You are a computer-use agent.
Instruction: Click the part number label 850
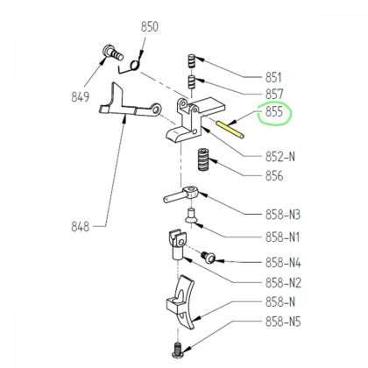(x=150, y=26)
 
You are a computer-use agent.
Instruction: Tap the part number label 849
(x=80, y=96)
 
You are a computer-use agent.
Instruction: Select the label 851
(x=274, y=78)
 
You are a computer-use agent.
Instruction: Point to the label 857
(x=274, y=95)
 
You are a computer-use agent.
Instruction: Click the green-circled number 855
(x=274, y=111)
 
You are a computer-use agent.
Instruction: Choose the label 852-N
(x=280, y=157)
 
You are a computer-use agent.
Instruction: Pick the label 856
(x=274, y=176)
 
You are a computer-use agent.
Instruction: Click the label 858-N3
(x=283, y=215)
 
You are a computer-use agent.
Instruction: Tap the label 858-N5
(x=283, y=322)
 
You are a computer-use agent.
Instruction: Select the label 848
(x=80, y=226)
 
